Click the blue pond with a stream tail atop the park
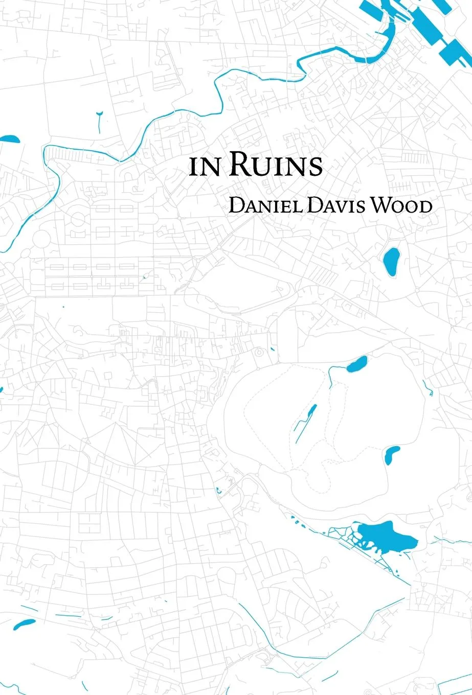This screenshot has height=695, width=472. click(356, 364)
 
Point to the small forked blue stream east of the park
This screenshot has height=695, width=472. click(428, 388)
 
